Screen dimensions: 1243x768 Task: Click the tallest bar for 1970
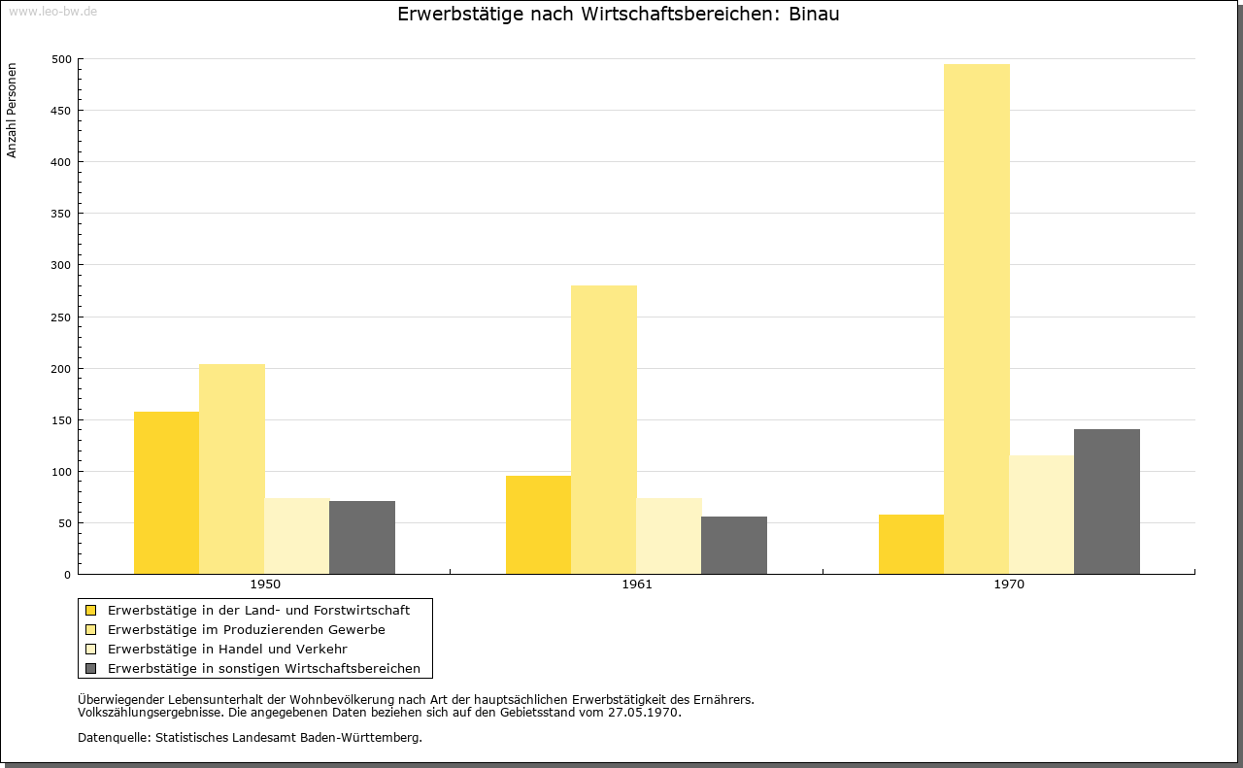point(976,319)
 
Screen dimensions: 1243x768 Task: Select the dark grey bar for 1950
point(362,537)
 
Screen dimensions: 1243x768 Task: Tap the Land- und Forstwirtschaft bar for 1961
point(538,525)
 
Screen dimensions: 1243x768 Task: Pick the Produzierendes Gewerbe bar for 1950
point(232,469)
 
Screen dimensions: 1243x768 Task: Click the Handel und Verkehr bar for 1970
point(1042,515)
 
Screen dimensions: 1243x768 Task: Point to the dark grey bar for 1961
point(734,545)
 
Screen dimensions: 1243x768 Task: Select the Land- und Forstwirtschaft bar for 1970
point(911,545)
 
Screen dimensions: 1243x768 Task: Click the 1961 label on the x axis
point(637,584)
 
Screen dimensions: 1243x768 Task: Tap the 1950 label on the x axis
point(265,584)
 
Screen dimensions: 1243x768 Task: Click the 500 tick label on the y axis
point(61,59)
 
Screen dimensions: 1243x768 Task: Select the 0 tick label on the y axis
point(67,575)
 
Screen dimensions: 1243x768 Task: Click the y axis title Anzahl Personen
point(12,111)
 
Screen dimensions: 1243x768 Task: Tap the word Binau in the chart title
point(814,15)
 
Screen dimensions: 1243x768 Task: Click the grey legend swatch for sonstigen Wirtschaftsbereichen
point(91,669)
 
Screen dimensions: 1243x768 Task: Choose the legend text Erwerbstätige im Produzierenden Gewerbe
point(247,630)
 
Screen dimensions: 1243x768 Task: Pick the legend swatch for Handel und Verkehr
point(91,650)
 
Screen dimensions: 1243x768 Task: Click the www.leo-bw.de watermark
point(52,12)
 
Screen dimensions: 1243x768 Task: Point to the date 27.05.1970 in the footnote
point(643,713)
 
